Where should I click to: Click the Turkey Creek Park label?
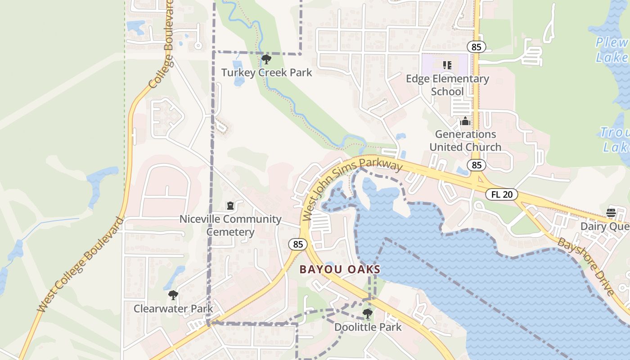pyautogui.click(x=266, y=72)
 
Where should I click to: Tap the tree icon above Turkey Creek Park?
pyautogui.click(x=266, y=59)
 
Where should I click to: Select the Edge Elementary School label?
pyautogui.click(x=447, y=85)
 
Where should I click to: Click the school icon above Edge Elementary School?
pyautogui.click(x=447, y=65)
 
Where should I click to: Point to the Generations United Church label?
pyautogui.click(x=465, y=140)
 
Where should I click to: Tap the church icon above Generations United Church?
pyautogui.click(x=465, y=121)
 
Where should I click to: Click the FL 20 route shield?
pyautogui.click(x=502, y=195)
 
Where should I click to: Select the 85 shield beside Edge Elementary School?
pyautogui.click(x=476, y=46)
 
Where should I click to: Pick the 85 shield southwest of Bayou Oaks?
pyautogui.click(x=298, y=244)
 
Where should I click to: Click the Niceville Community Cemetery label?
pyautogui.click(x=230, y=225)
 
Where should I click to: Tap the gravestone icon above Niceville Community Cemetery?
pyautogui.click(x=230, y=206)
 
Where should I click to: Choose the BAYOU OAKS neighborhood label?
pyautogui.click(x=340, y=270)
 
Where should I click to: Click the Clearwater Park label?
pyautogui.click(x=173, y=309)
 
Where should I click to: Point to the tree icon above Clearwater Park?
pyautogui.click(x=173, y=296)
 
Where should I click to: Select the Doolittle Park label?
pyautogui.click(x=368, y=327)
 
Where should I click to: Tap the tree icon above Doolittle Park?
pyautogui.click(x=368, y=314)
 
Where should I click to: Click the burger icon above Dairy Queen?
pyautogui.click(x=611, y=213)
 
